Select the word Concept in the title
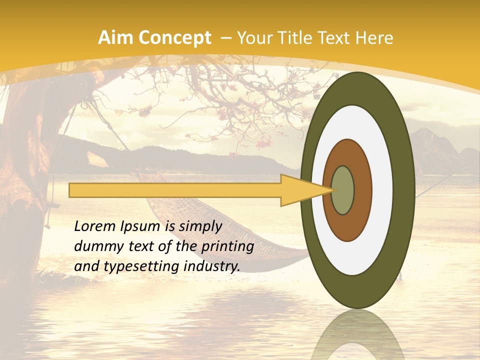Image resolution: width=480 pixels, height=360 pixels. [x=174, y=38]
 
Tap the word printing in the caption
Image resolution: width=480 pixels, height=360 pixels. [x=227, y=247]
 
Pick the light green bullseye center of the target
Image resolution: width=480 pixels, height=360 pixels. [x=343, y=190]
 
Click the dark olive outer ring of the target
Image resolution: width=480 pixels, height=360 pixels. [x=405, y=190]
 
